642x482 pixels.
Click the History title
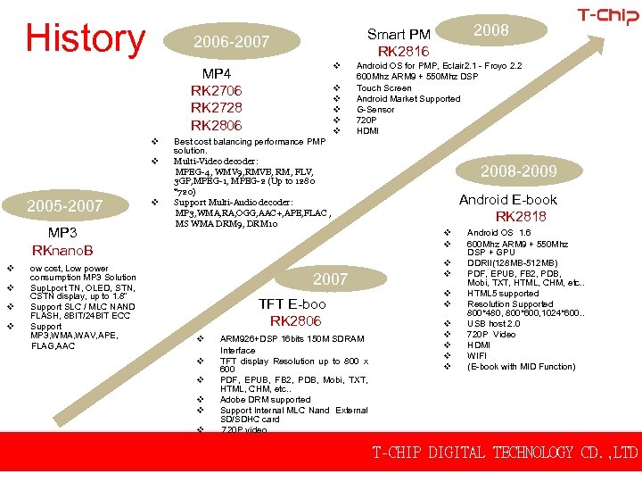85,38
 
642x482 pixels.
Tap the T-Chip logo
607,15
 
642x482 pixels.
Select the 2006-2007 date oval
232,41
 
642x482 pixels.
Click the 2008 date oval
490,30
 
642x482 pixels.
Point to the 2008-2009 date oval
519,170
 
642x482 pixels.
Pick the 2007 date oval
330,278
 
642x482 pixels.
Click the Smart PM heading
399,35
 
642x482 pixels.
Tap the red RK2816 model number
403,51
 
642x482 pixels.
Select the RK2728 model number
217,107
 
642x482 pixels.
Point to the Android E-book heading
507,200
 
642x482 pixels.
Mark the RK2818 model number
521,216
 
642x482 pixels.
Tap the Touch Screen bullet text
383,87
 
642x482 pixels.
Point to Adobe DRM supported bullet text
265,400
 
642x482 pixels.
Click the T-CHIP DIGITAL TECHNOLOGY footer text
505,453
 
